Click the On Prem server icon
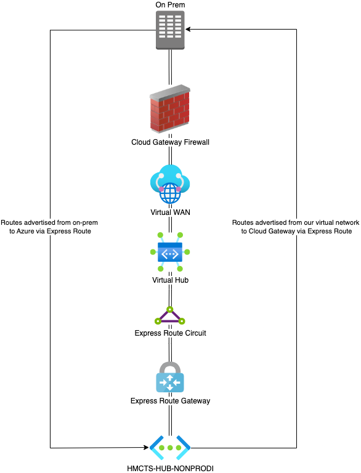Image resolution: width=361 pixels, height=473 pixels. click(x=170, y=30)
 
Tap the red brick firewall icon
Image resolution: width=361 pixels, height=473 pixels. click(x=170, y=108)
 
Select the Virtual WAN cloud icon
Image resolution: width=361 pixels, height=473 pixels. click(x=170, y=184)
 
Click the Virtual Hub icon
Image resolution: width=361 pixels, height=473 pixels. click(x=170, y=252)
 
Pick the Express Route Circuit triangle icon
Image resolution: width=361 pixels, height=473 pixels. click(x=170, y=315)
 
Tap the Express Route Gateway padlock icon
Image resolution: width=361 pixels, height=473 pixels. click(x=170, y=377)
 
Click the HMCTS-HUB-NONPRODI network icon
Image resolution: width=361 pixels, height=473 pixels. click(x=170, y=448)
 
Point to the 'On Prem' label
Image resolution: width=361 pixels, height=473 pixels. click(x=170, y=4)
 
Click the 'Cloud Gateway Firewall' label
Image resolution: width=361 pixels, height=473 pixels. click(x=170, y=142)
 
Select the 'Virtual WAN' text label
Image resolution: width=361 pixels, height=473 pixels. click(x=170, y=212)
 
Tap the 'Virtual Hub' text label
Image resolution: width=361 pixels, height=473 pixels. click(x=170, y=280)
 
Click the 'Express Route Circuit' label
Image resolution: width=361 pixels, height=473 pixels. click(x=170, y=333)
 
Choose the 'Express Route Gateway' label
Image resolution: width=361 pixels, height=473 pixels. click(x=170, y=401)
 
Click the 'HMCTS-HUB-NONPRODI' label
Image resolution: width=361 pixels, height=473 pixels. click(x=170, y=469)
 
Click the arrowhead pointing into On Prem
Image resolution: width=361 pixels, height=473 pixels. click(x=188, y=30)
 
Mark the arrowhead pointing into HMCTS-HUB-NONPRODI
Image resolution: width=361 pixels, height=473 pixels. click(x=147, y=447)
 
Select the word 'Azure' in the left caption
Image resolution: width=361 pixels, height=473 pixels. click(x=25, y=232)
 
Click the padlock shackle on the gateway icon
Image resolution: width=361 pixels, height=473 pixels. click(x=170, y=368)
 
